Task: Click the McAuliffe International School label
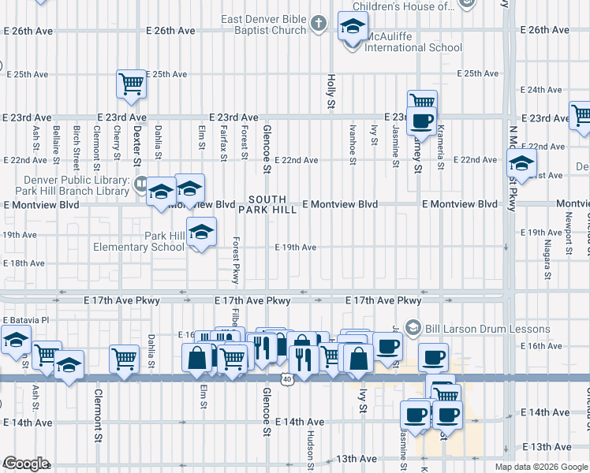tap(413, 47)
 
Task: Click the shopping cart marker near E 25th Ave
tap(132, 84)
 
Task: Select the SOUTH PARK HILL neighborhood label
tap(273, 204)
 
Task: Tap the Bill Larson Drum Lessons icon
tap(411, 328)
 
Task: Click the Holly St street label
tap(331, 92)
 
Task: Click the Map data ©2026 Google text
tap(541, 466)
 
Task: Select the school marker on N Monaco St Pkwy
tap(521, 165)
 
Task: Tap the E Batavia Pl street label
tap(26, 321)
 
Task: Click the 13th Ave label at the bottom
tap(357, 458)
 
